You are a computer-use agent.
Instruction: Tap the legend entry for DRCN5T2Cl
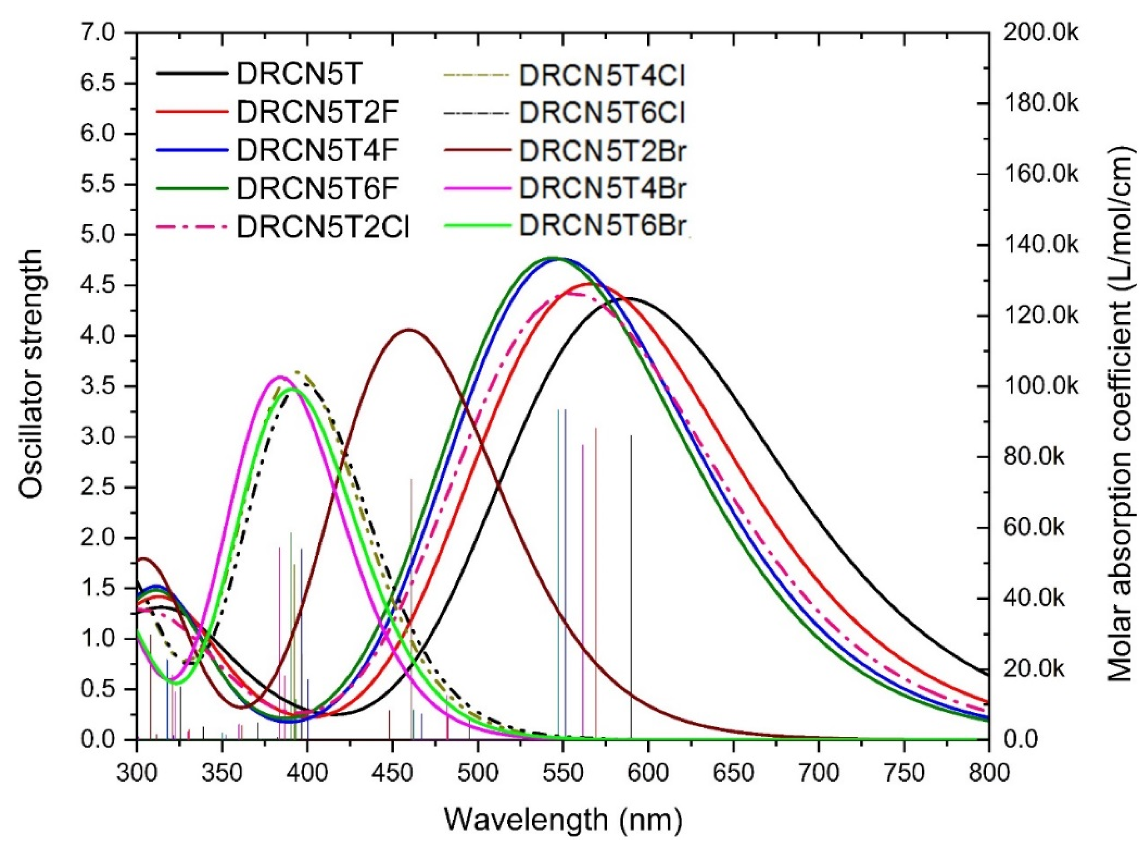[323, 227]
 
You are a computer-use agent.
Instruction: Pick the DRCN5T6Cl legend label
[602, 113]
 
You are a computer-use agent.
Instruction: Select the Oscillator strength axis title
[32, 374]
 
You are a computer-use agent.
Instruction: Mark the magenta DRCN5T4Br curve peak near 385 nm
[279, 376]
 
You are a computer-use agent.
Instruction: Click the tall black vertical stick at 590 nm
[631, 589]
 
